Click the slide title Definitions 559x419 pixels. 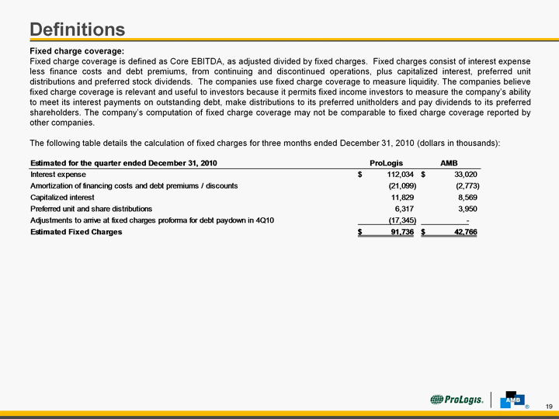point(77,29)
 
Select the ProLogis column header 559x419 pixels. point(386,163)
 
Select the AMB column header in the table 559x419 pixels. point(450,163)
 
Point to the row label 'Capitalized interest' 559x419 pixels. point(62,197)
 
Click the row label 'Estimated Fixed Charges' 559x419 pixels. point(76,232)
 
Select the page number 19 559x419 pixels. point(548,407)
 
